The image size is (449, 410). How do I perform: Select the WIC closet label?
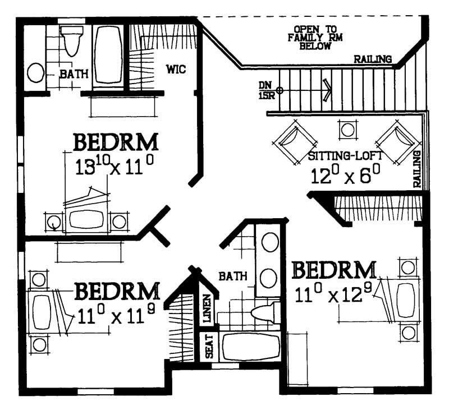click(175, 69)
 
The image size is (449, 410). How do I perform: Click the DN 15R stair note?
click(265, 89)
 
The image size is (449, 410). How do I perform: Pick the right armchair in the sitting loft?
click(398, 142)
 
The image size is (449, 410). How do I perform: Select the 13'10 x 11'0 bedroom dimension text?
click(114, 166)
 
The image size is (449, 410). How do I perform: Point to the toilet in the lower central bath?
click(264, 313)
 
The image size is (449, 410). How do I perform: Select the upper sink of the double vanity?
click(269, 242)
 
